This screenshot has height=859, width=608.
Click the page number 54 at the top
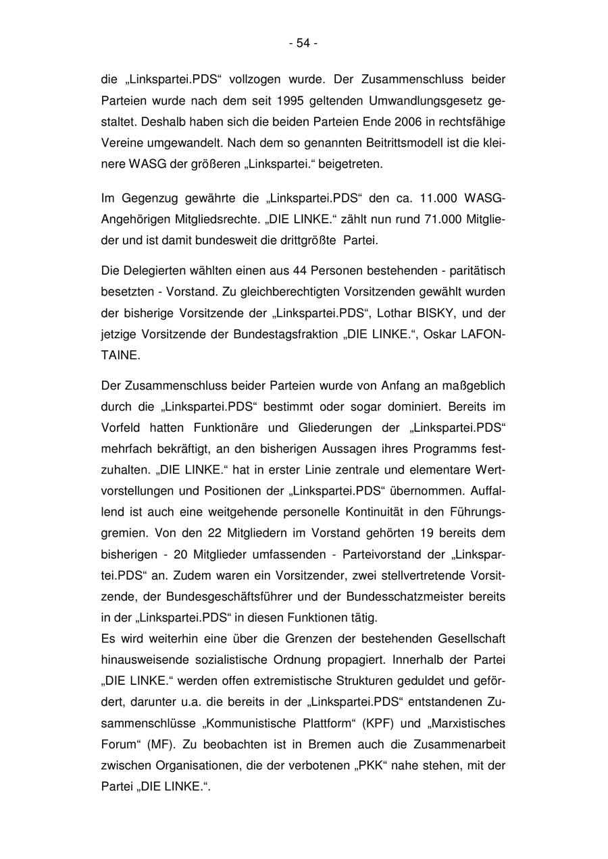(x=303, y=43)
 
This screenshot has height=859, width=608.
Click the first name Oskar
(x=435, y=334)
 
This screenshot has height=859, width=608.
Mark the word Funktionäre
(x=250, y=428)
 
